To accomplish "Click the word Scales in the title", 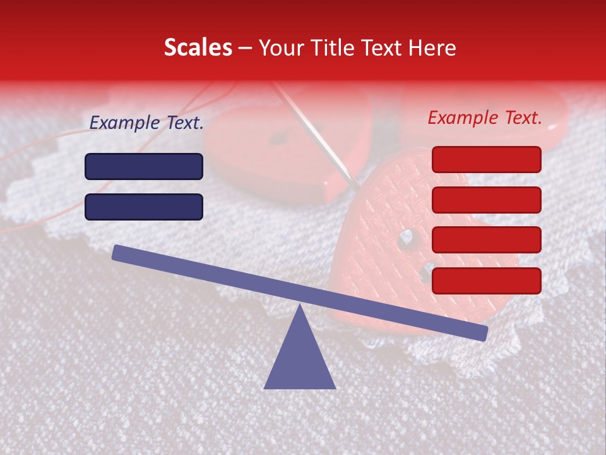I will point(198,47).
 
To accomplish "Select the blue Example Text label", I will point(146,123).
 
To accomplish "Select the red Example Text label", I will point(485,118).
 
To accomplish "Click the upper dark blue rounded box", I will point(144,166).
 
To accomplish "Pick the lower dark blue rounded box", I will point(144,207).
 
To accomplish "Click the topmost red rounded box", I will point(486,159).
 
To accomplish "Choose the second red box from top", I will point(486,200).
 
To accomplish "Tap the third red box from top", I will point(486,240).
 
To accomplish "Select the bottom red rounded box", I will point(486,281).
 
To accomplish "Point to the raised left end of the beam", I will point(117,252).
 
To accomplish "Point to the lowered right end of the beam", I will point(484,333).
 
